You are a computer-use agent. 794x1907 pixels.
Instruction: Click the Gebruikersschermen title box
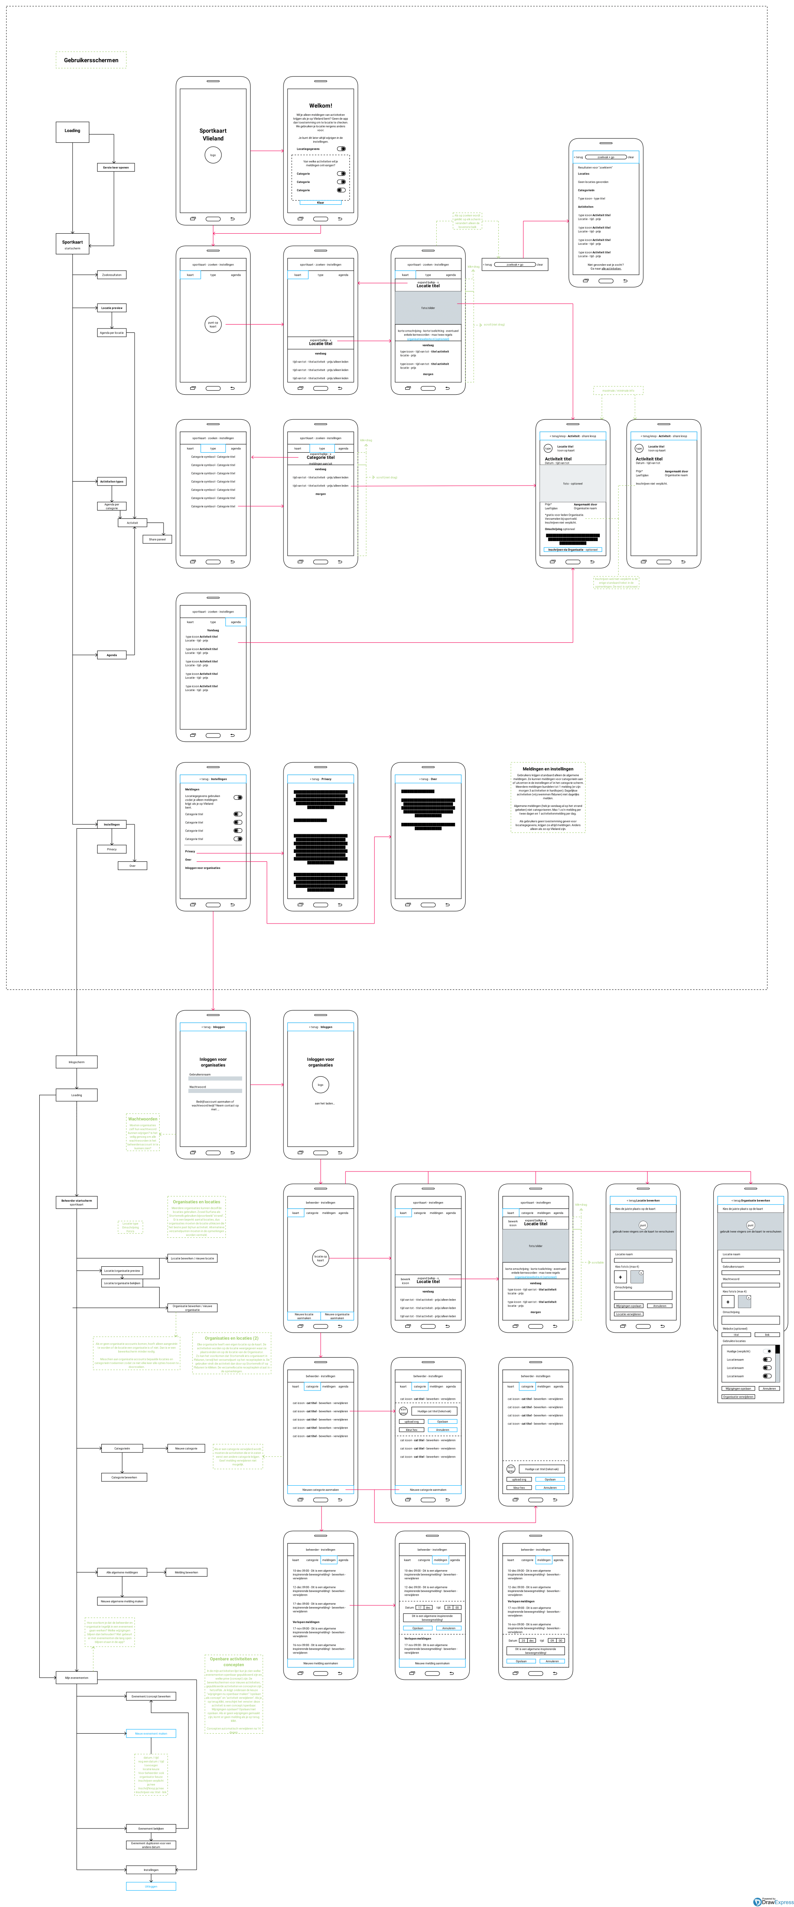[91, 60]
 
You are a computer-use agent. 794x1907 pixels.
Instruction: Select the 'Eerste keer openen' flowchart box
[116, 167]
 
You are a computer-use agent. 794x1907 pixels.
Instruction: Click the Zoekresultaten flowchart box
[112, 275]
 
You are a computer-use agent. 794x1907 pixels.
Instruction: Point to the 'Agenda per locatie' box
[112, 332]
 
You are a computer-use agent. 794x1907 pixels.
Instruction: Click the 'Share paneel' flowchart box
[157, 539]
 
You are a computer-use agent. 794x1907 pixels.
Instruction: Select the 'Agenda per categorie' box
[112, 506]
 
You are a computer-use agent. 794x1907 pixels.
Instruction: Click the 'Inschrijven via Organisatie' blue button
[572, 549]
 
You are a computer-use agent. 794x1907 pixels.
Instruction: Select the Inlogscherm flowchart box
[76, 1062]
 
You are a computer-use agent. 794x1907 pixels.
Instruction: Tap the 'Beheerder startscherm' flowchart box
[76, 1202]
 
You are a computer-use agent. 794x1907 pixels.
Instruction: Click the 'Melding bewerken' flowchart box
[187, 1572]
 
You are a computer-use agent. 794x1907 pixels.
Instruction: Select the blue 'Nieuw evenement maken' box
[151, 1733]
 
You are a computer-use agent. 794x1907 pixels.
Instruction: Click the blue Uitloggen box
[151, 1886]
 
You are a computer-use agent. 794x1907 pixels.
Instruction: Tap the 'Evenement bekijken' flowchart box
[151, 1828]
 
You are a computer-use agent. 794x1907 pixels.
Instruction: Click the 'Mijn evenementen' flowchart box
[76, 1678]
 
